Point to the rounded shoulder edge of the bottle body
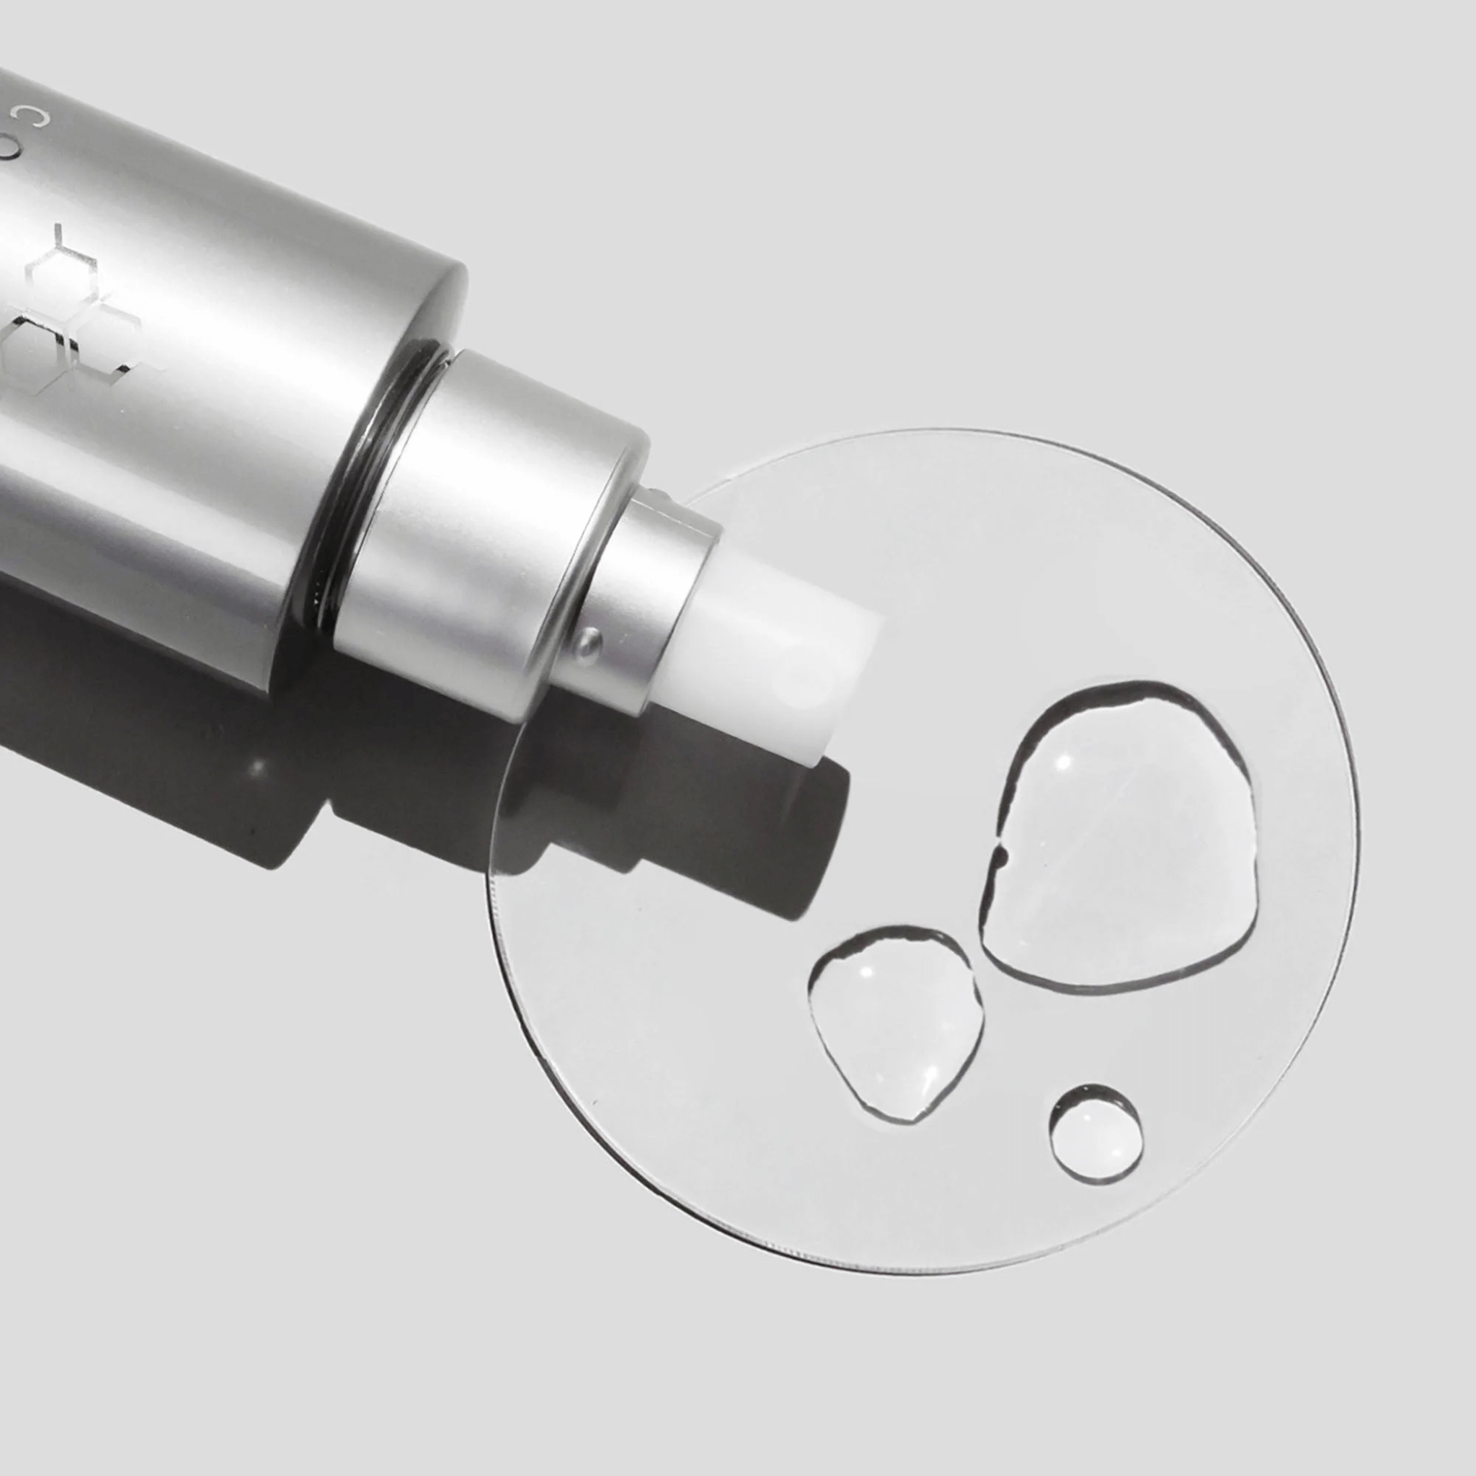[450, 306]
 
